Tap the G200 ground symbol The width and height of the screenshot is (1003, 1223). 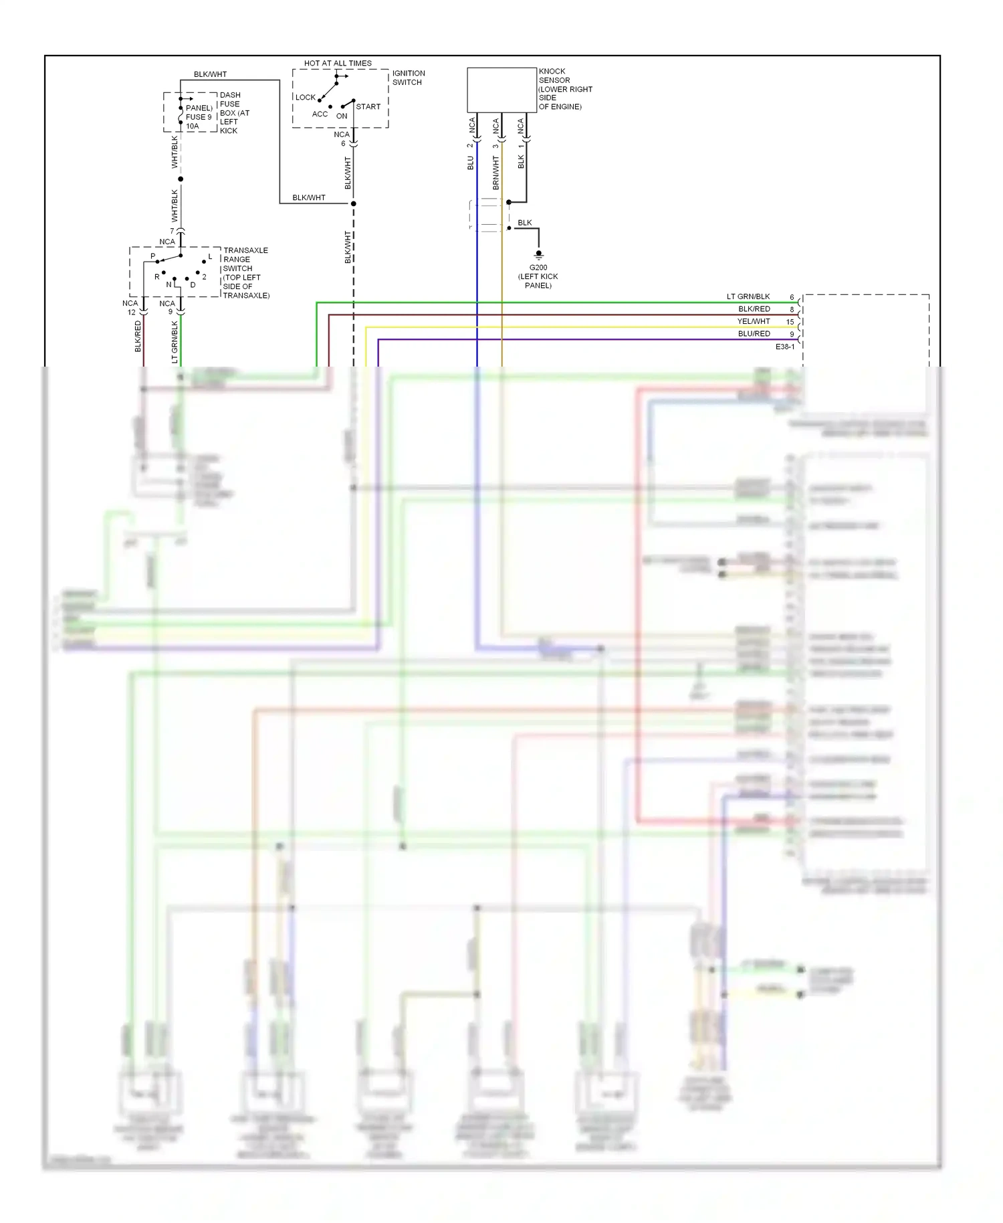pos(538,255)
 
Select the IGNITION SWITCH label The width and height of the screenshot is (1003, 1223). pos(408,78)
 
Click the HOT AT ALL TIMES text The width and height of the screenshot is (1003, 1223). pos(338,64)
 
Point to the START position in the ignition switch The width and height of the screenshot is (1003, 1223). pos(368,106)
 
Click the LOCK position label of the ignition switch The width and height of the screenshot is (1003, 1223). pos(305,97)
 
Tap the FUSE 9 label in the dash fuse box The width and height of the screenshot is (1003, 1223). pos(199,117)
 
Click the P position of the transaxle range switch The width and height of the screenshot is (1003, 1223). pos(153,256)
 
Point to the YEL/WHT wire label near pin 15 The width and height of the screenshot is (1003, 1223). pos(754,321)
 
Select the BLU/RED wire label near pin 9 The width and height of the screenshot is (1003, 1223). pos(754,333)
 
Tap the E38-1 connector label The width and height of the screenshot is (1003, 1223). pos(785,347)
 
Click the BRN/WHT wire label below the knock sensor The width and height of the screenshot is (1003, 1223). pos(495,173)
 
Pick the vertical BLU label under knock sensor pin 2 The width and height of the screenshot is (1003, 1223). pos(471,163)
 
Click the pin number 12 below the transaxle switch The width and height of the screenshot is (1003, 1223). pos(132,312)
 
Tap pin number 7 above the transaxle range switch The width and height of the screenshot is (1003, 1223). pos(172,231)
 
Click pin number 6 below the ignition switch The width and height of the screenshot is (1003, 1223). pos(343,143)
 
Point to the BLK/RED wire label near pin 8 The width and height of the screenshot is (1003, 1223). pos(754,309)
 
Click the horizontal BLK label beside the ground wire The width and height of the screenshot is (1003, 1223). pos(525,223)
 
